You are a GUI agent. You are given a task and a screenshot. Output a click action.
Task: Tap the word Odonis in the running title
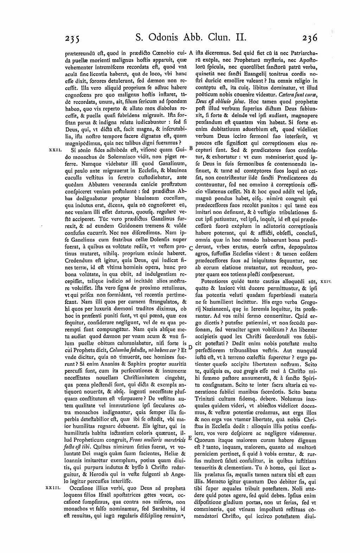click(167, 37)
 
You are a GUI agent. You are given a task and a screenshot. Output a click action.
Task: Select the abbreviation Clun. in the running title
click(223, 37)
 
